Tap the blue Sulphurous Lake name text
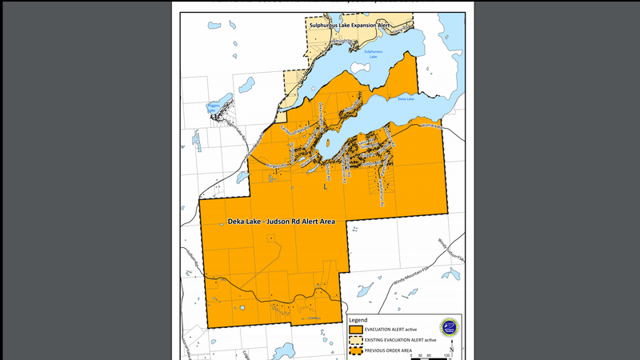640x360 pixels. (x=374, y=54)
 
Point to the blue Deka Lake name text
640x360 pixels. (x=406, y=99)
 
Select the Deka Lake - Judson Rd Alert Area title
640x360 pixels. (x=280, y=221)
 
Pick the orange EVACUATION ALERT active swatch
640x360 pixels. (x=355, y=329)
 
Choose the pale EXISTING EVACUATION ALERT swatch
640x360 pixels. (x=355, y=340)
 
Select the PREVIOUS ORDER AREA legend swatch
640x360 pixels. (x=355, y=351)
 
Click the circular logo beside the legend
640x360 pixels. (x=449, y=328)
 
